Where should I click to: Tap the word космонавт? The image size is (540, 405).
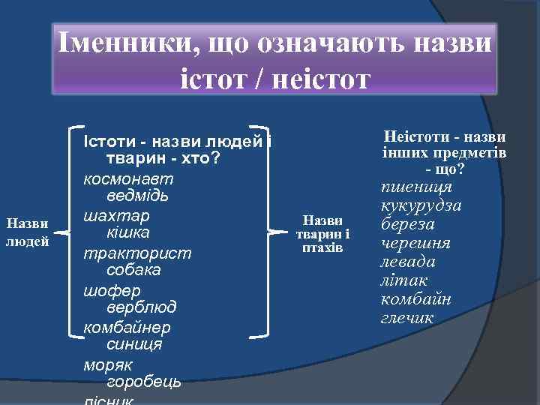[128, 179]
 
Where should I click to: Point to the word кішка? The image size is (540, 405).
[128, 232]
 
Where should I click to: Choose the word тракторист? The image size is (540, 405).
[137, 253]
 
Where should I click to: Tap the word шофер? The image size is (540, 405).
[112, 289]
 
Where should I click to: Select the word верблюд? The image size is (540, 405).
[142, 307]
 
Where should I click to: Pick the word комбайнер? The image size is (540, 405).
[127, 327]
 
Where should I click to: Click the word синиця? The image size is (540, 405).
[134, 344]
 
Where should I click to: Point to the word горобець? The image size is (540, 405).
[144, 382]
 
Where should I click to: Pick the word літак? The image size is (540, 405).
[404, 280]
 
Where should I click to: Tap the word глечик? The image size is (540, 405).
[407, 318]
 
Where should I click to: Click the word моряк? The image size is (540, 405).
[108, 364]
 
